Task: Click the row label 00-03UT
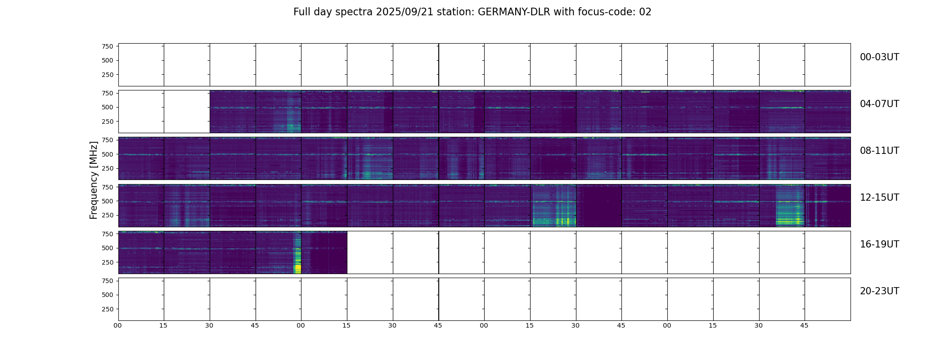coord(879,57)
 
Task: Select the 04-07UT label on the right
coord(879,104)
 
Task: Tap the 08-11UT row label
coord(879,151)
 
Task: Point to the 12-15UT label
coord(879,198)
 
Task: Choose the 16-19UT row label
coord(879,244)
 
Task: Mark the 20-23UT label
coord(879,291)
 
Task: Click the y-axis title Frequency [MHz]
coord(94,180)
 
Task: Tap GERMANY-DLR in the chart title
coord(513,12)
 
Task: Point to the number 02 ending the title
coord(645,12)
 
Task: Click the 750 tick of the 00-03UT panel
coord(108,46)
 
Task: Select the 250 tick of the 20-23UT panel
coord(108,309)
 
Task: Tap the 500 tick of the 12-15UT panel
coord(108,201)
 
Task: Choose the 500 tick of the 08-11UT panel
coord(108,154)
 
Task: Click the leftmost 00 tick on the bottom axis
coord(118,325)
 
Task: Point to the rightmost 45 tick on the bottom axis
coord(804,325)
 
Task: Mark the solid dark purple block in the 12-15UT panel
coord(598,206)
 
